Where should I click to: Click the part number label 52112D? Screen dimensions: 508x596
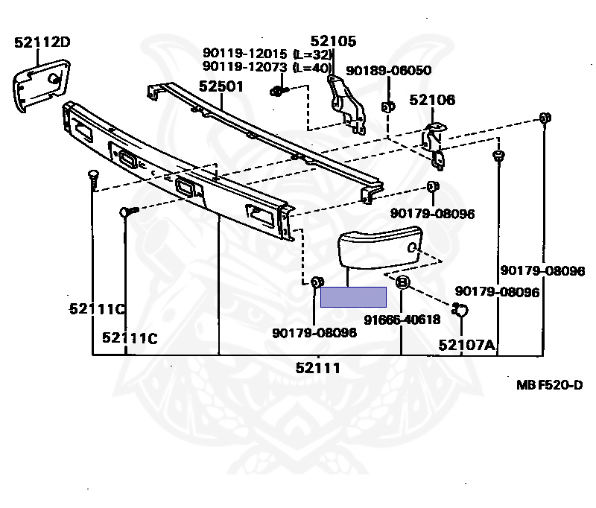42,42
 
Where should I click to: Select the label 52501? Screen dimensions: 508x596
221,86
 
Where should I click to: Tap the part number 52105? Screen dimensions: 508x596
333,42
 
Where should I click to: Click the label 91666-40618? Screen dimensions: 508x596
402,320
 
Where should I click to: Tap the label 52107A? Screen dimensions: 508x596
466,344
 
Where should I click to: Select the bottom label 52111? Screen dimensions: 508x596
318,367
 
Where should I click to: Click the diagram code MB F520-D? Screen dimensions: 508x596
549,384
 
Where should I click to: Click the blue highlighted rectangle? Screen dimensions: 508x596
353,297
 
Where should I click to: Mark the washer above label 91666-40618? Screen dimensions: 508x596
402,282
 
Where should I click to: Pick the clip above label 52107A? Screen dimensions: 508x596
460,310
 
